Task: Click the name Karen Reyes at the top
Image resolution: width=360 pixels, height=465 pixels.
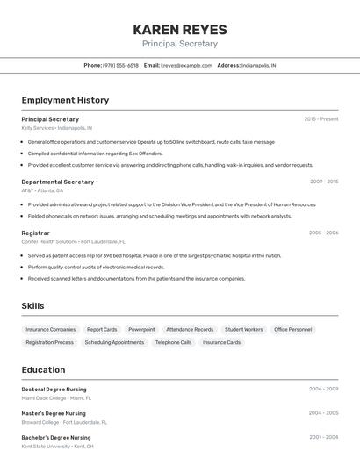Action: [x=180, y=30]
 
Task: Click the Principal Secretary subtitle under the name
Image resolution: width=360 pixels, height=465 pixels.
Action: [x=180, y=44]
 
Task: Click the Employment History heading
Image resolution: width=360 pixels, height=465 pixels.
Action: [x=65, y=100]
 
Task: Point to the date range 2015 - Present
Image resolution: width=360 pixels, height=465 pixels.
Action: [x=320, y=118]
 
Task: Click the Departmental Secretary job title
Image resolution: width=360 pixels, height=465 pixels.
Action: [x=57, y=182]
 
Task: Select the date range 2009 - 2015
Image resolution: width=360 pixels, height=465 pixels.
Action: [x=323, y=182]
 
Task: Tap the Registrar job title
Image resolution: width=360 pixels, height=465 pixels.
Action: [x=35, y=232]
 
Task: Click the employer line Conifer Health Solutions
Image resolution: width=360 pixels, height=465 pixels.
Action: [x=73, y=241]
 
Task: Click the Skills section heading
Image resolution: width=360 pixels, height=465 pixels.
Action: [x=32, y=305]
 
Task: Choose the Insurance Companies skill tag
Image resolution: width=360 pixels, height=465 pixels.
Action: [x=50, y=329]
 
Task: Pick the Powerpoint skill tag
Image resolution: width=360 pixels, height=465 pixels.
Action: [x=141, y=329]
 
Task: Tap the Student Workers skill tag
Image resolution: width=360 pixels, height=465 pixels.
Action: [x=243, y=329]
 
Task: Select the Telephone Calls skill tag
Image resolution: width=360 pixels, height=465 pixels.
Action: [x=173, y=342]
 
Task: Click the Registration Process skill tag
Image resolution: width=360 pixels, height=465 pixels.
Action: [x=49, y=342]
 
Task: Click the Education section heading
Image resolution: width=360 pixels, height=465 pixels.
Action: [x=43, y=370]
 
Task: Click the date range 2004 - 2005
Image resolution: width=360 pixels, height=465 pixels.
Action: [x=323, y=413]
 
